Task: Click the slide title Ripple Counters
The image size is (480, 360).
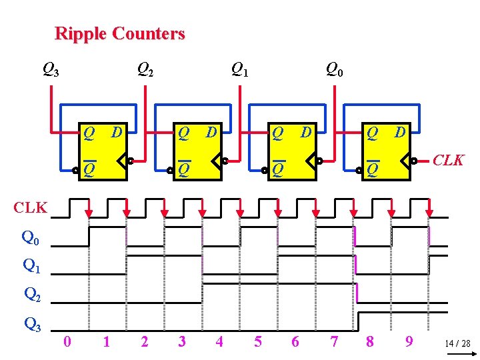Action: click(x=119, y=33)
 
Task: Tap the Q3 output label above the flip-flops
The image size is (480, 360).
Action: click(x=51, y=68)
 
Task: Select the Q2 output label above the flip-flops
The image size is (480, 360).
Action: click(x=145, y=68)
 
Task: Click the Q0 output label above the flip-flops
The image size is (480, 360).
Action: click(x=334, y=68)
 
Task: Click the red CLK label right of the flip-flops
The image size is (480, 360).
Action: click(x=449, y=161)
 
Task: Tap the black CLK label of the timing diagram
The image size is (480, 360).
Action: click(x=31, y=207)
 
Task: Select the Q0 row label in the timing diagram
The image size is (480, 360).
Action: click(x=31, y=237)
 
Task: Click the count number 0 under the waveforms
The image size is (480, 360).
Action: click(x=67, y=342)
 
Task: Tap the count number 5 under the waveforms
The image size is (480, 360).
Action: click(x=258, y=342)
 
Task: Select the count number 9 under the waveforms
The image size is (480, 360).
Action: click(x=409, y=342)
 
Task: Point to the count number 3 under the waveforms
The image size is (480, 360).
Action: click(x=181, y=342)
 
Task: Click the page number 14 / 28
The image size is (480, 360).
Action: click(x=457, y=344)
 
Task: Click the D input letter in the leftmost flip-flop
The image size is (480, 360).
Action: click(x=116, y=133)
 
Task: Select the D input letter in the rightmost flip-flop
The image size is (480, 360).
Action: click(x=400, y=133)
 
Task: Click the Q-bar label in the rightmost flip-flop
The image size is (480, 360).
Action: click(x=373, y=169)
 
